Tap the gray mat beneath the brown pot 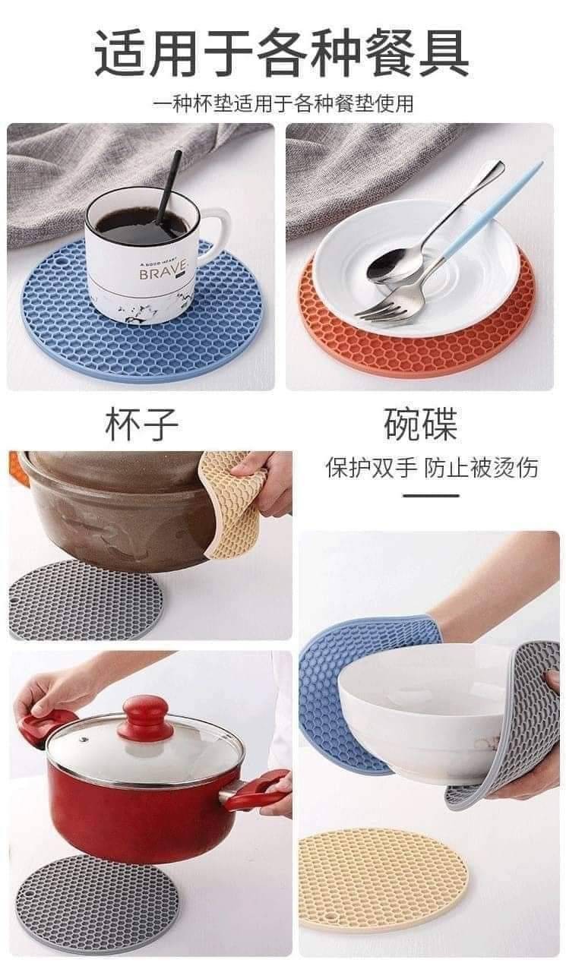pyautogui.click(x=84, y=599)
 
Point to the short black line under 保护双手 pyautogui.click(x=431, y=496)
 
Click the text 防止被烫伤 pyautogui.click(x=481, y=468)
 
